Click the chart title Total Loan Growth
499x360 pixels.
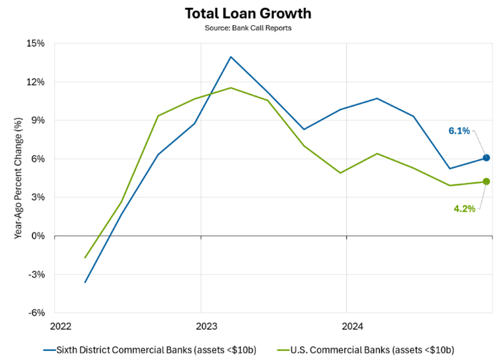(x=250, y=13)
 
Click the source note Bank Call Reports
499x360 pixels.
(x=250, y=28)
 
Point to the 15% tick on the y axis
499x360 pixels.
(x=36, y=44)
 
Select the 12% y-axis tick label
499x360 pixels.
(x=36, y=82)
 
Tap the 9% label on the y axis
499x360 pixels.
(x=38, y=120)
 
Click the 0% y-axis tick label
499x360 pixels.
(x=38, y=236)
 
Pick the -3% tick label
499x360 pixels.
(x=36, y=275)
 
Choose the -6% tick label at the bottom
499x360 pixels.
(x=36, y=313)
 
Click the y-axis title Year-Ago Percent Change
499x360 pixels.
(x=18, y=178)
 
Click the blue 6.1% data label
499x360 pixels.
(x=459, y=131)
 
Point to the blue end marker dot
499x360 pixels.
(x=486, y=157)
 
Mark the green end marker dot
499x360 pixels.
(x=486, y=182)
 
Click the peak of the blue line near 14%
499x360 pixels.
(x=231, y=57)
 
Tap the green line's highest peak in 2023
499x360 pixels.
(x=231, y=88)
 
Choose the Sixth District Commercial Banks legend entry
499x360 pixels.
(x=150, y=350)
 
